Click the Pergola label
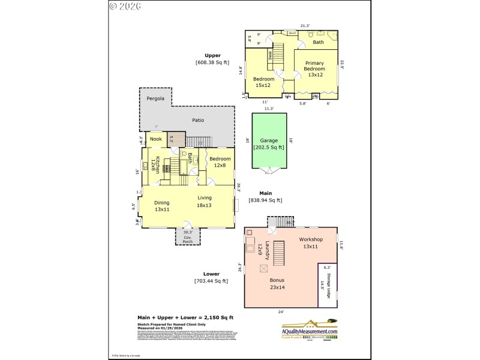coord(155,98)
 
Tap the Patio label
coord(198,120)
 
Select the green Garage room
coord(269,143)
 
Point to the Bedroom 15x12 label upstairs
coord(263,82)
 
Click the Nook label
coord(156,139)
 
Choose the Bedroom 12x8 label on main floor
coord(220,162)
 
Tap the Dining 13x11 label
coord(162,206)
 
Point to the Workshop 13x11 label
coord(311,243)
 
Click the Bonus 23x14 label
coord(277,283)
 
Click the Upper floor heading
coord(212,55)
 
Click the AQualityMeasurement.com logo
coord(310,328)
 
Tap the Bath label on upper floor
coord(318,42)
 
